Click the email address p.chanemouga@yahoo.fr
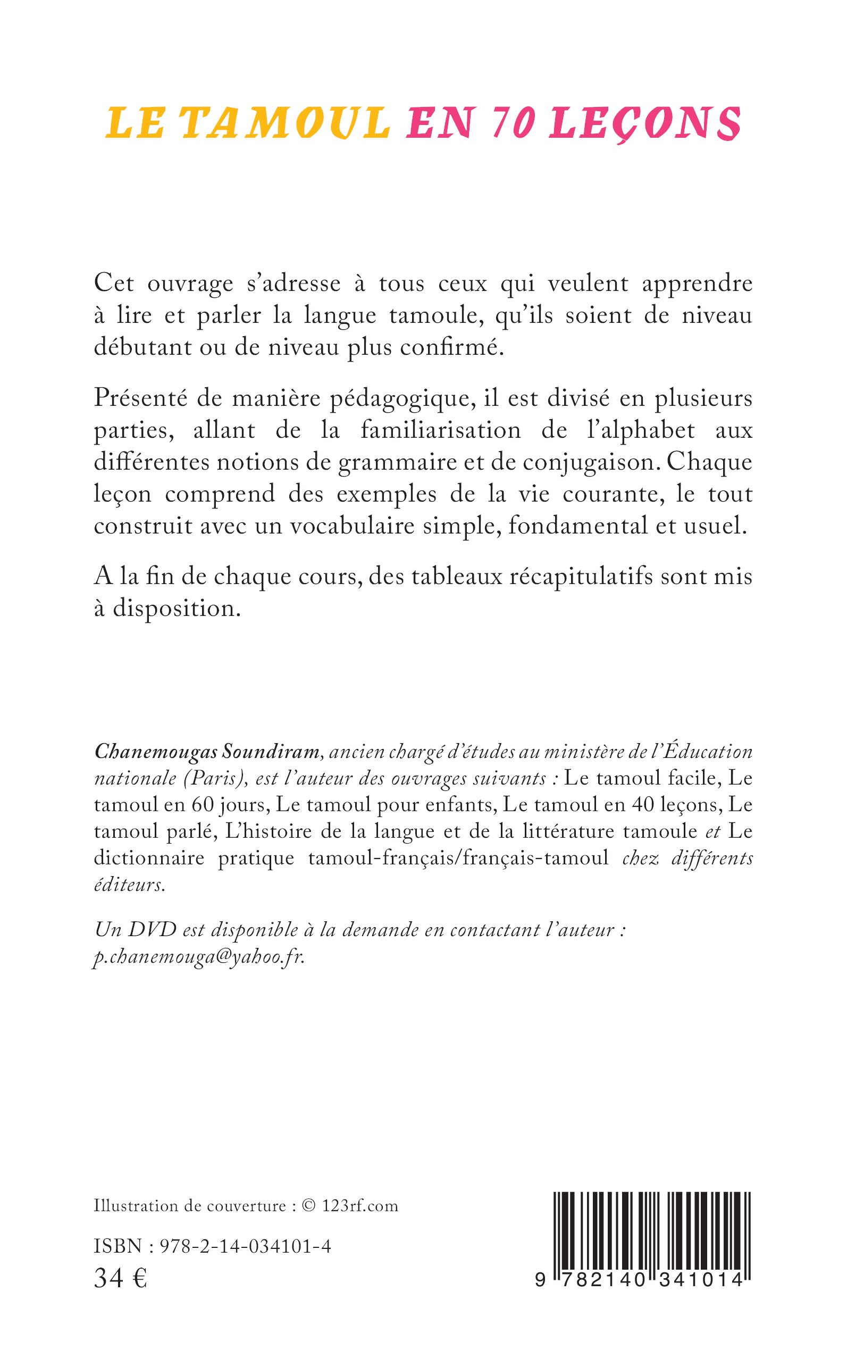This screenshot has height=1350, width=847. click(x=199, y=956)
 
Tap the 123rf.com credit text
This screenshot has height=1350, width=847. click(x=359, y=1205)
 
